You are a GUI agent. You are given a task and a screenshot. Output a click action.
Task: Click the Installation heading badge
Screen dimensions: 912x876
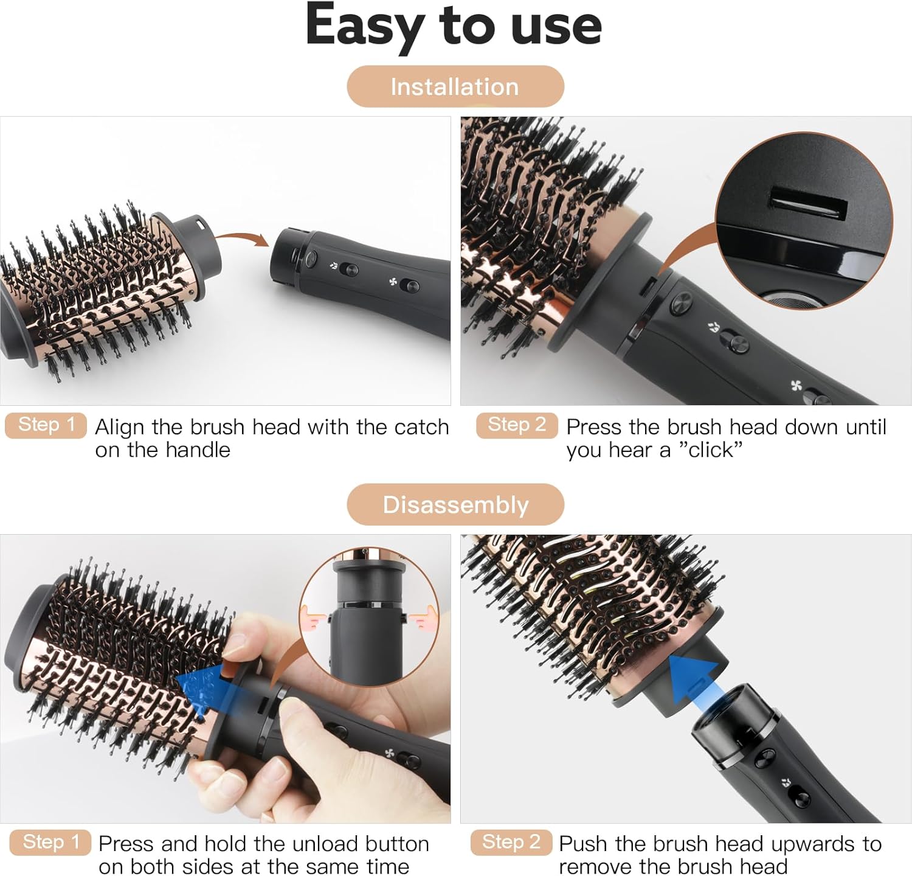click(x=455, y=86)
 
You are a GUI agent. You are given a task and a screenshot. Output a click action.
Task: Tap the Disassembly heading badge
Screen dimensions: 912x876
click(x=455, y=504)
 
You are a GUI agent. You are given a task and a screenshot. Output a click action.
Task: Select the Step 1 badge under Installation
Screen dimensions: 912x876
click(x=46, y=425)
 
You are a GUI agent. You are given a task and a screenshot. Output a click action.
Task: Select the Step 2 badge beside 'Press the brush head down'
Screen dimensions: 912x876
click(x=517, y=425)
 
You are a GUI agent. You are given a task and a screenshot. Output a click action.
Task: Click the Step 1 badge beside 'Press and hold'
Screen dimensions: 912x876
click(x=50, y=842)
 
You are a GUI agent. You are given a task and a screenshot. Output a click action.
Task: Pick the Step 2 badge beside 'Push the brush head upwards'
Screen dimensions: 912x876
click(x=511, y=842)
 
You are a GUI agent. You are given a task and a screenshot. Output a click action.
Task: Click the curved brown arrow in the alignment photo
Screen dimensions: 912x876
click(x=242, y=238)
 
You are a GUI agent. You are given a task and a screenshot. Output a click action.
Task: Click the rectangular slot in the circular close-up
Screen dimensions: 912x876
click(x=809, y=205)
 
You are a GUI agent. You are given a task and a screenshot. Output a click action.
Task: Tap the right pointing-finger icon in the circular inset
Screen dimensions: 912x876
click(x=421, y=620)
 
